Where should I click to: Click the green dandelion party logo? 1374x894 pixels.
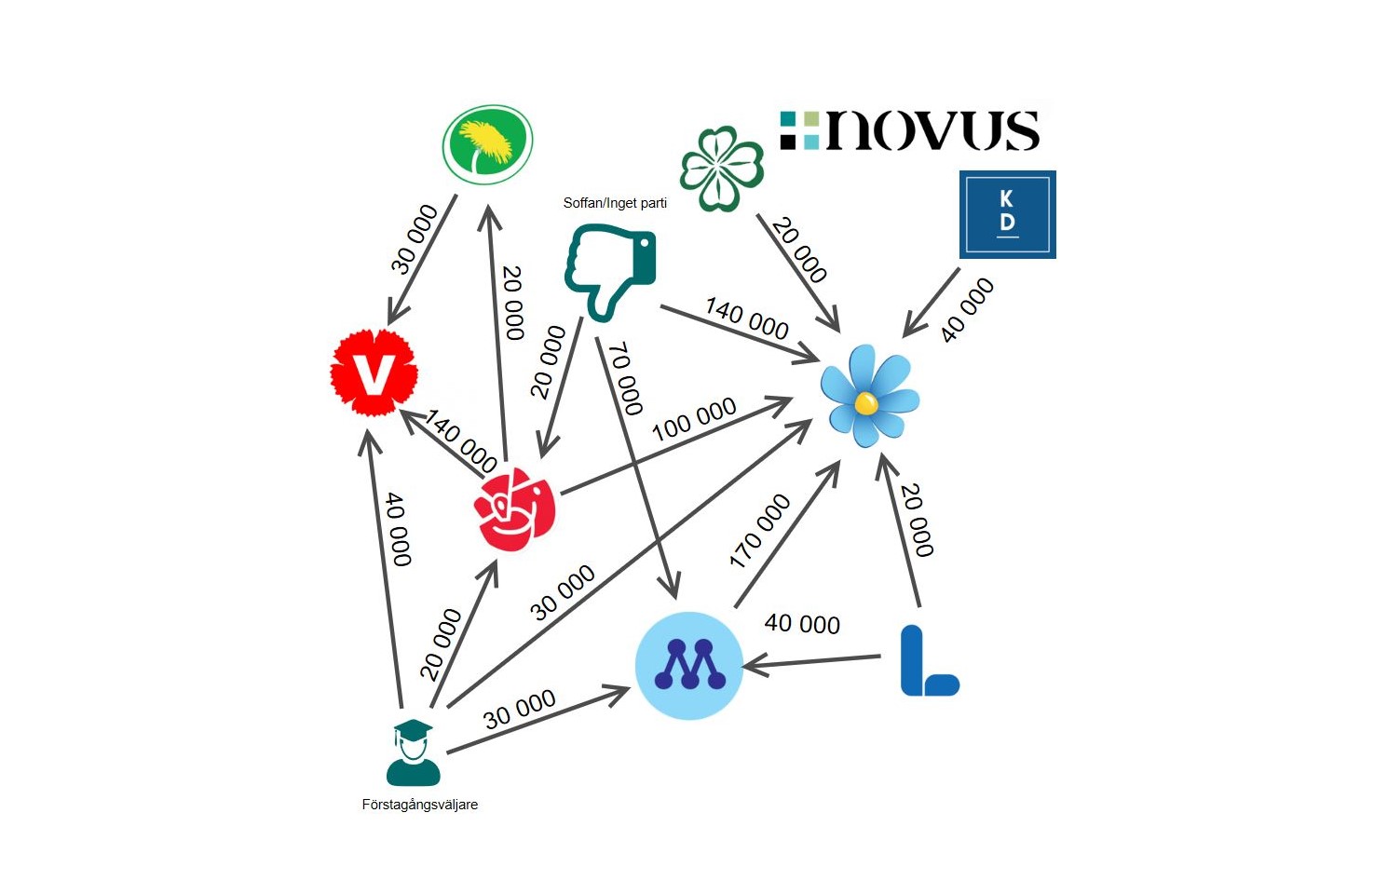click(x=487, y=143)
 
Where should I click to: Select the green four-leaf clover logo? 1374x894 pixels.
click(x=722, y=169)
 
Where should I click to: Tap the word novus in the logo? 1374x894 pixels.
click(x=932, y=130)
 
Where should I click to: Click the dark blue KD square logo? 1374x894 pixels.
click(x=1007, y=213)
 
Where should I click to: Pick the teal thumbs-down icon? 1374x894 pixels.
click(x=611, y=271)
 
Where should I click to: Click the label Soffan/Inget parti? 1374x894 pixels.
click(x=615, y=203)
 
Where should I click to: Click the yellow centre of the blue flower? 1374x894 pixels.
click(x=865, y=403)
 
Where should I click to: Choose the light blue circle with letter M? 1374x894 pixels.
click(x=689, y=665)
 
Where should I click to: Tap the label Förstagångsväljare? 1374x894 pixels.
click(x=420, y=805)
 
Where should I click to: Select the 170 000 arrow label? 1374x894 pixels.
click(x=759, y=531)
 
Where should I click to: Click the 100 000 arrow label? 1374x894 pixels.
click(x=694, y=419)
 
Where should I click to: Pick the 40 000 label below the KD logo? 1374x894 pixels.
click(x=967, y=309)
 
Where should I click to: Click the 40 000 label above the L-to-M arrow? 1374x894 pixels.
click(x=802, y=623)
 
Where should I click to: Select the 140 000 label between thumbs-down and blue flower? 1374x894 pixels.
click(x=747, y=318)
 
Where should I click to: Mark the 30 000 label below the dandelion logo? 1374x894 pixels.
click(x=414, y=239)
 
